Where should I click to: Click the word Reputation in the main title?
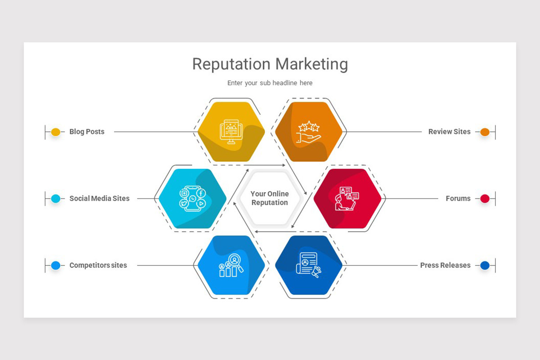tap(232, 64)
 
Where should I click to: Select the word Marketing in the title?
tap(312, 64)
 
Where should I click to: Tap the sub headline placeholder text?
tap(270, 83)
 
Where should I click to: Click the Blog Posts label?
tap(87, 132)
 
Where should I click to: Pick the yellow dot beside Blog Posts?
tap(55, 132)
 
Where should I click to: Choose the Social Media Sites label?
tap(99, 198)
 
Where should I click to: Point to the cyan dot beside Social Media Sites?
tap(55, 198)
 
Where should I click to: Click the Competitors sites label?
tap(98, 265)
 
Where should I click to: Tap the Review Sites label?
tap(449, 132)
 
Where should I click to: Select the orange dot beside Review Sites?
tap(485, 132)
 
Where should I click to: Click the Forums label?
tap(458, 198)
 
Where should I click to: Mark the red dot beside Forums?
tap(485, 198)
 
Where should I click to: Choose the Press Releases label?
tap(445, 265)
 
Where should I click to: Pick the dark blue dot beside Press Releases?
tap(485, 265)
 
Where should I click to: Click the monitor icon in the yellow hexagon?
tap(231, 131)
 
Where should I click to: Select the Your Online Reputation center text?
tap(270, 198)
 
